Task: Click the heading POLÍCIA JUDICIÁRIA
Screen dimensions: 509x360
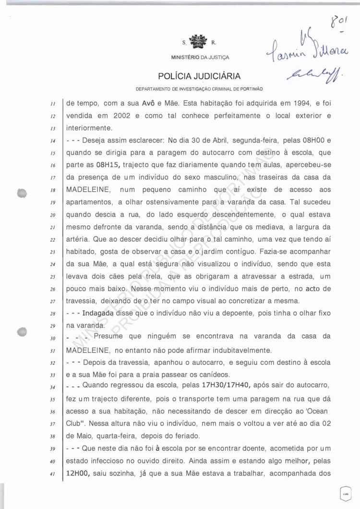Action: [x=199, y=76]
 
